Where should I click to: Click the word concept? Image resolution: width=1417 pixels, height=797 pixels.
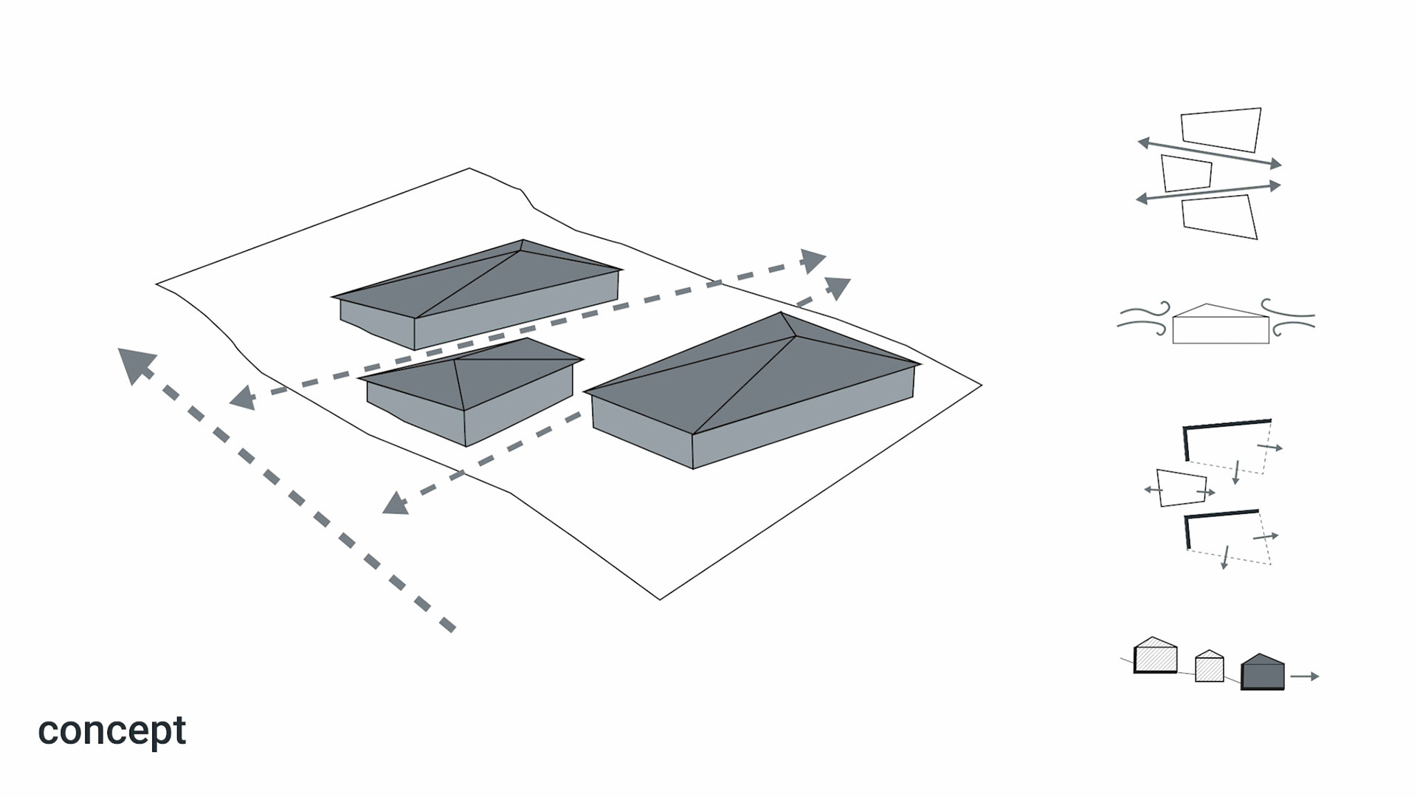click(111, 731)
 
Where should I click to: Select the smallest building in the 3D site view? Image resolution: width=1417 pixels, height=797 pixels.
click(469, 391)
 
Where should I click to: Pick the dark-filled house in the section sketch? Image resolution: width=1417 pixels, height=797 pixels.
click(1262, 672)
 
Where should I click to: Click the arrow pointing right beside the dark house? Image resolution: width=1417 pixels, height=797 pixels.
click(1305, 676)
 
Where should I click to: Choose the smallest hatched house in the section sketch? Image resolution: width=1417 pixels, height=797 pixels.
click(1209, 666)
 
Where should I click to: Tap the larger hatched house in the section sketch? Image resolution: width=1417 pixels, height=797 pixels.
click(1155, 656)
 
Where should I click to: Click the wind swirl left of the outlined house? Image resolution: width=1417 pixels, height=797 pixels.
click(1144, 318)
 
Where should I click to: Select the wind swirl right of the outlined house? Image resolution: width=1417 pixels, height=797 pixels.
click(1288, 318)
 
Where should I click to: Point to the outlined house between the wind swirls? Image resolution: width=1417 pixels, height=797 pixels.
click(1221, 325)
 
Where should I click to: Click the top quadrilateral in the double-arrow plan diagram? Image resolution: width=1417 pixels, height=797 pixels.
click(1221, 129)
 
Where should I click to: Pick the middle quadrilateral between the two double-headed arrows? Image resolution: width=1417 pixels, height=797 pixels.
click(1186, 173)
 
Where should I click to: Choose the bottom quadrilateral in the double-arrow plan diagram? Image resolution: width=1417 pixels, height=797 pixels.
click(1219, 216)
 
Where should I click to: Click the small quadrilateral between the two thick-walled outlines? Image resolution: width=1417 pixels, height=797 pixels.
click(1181, 488)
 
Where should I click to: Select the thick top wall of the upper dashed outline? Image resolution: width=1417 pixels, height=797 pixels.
click(1227, 424)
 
